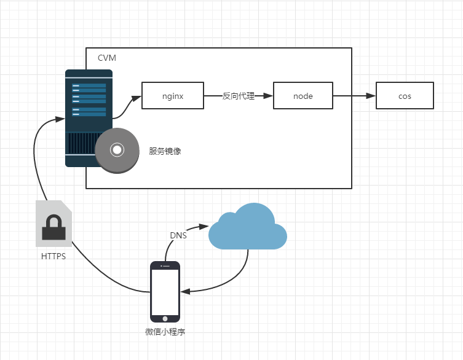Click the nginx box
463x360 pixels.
pos(173,96)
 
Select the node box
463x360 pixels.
pos(303,96)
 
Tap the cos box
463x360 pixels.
pos(405,96)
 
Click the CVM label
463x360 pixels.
pos(106,58)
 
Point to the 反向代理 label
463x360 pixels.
pos(238,96)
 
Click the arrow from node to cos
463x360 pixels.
pos(354,96)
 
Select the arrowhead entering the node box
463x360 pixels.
pos(268,96)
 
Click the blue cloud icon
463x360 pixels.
pos(247,227)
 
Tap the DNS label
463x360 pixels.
pos(178,235)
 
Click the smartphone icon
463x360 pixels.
pos(165,292)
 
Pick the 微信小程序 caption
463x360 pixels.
pos(165,332)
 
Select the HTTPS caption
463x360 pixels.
pos(53,257)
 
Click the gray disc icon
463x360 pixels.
pos(116,149)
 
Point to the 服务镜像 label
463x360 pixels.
pos(164,151)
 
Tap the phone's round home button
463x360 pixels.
pos(165,318)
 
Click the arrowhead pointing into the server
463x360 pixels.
pos(61,116)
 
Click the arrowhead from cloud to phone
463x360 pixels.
pos(185,291)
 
